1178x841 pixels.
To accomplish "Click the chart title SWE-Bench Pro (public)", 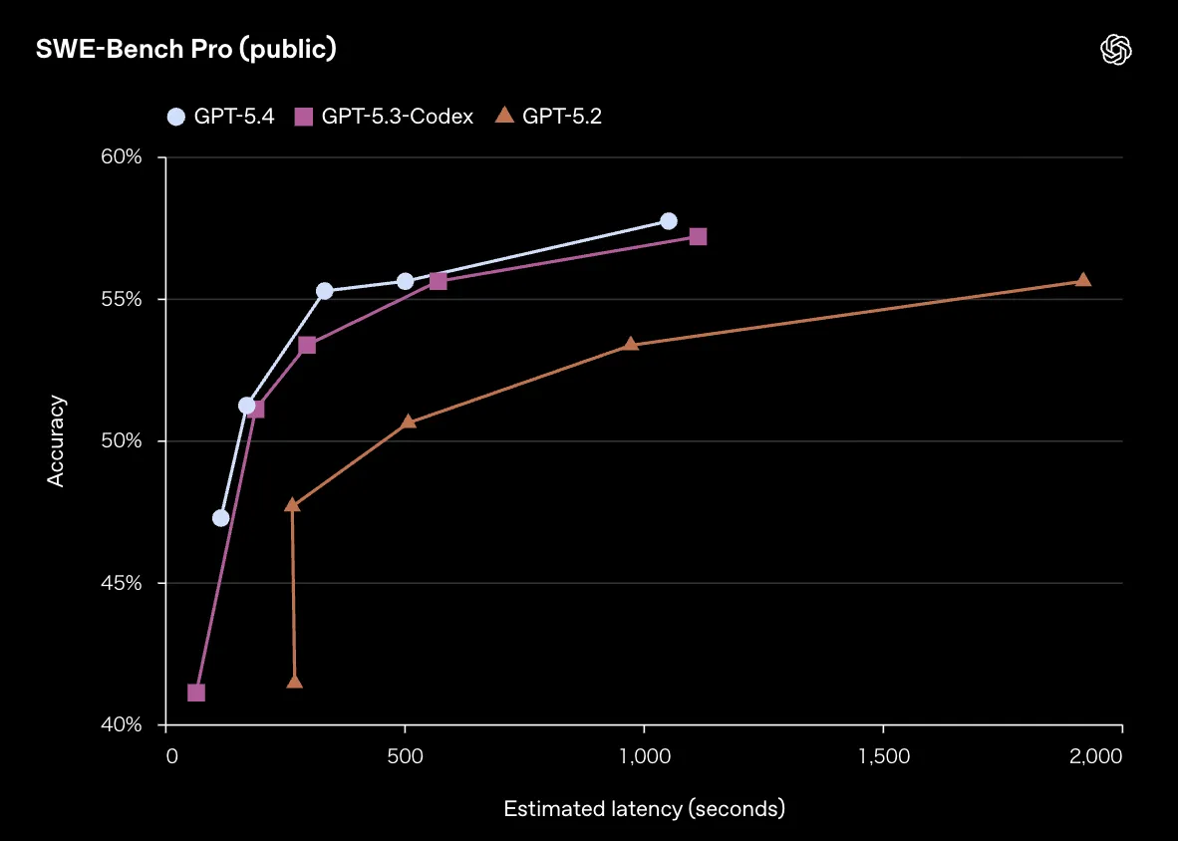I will point(185,50).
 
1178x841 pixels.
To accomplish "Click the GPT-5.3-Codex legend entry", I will point(384,117).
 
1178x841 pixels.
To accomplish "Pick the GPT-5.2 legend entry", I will point(549,117).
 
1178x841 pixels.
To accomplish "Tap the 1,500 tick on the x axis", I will point(883,756).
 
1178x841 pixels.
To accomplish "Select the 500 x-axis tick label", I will point(405,756).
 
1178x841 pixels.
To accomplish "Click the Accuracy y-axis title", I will point(57,441).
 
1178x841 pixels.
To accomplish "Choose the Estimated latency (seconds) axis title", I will point(644,808).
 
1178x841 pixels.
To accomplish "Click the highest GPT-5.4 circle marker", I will point(669,221).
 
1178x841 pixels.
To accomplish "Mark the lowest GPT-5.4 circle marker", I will point(221,518).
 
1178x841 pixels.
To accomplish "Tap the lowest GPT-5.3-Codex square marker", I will point(196,693).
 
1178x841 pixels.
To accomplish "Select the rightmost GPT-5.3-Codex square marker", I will point(698,236).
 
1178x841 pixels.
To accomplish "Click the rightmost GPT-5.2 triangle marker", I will point(1083,280).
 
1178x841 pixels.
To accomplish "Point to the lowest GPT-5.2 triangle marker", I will point(294,682).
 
